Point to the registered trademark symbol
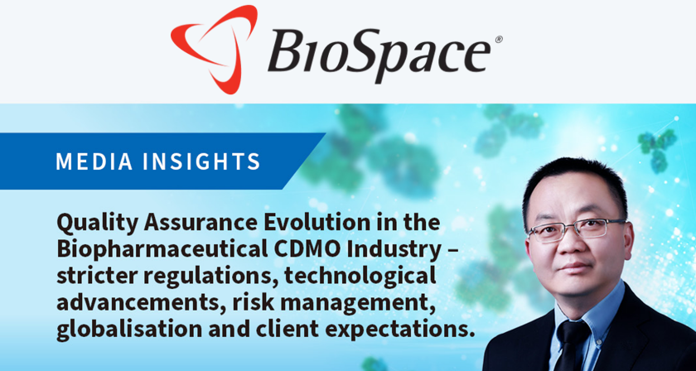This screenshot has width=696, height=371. tap(499, 40)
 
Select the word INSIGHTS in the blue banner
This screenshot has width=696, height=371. tap(201, 161)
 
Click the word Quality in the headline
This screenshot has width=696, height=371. tap(93, 224)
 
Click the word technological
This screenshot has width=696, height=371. tap(360, 277)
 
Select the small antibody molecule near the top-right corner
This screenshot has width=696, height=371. tap(657, 150)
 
